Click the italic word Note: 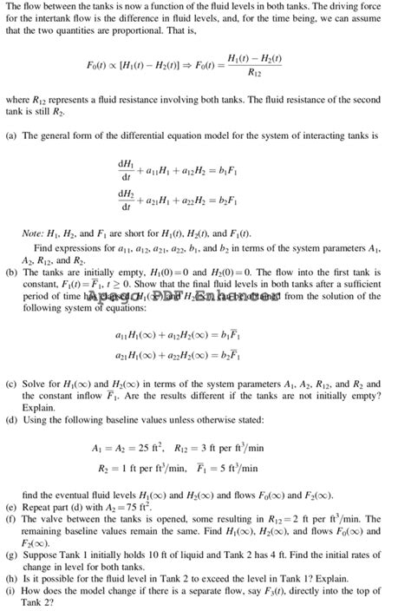point(34,234)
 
